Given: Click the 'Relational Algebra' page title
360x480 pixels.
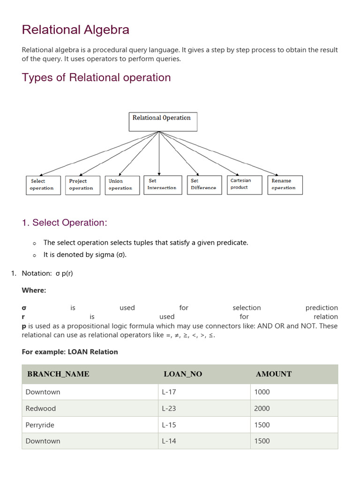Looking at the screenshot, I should (x=75, y=30).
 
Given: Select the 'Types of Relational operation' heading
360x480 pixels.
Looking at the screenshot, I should (x=96, y=77).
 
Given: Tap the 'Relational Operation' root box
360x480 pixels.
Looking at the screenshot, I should (x=163, y=121).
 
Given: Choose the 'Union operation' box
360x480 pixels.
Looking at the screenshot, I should (x=122, y=185).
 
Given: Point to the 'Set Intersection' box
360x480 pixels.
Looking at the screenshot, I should (x=162, y=185).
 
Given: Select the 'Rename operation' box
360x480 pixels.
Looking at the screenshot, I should (x=285, y=185).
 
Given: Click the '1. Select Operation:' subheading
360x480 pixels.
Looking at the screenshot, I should (x=64, y=223).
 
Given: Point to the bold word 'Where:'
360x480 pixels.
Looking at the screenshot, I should (x=34, y=290).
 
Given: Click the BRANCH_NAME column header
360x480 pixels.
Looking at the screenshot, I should (x=58, y=374).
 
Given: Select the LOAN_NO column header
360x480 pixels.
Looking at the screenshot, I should (x=183, y=374).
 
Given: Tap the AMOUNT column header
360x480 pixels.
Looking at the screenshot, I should (x=274, y=374).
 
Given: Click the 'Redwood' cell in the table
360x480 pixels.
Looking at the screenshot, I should (x=41, y=408).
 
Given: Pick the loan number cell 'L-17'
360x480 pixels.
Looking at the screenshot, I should (x=169, y=392).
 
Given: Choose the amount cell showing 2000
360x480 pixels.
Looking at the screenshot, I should (x=262, y=408).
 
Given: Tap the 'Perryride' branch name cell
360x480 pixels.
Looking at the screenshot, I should (x=40, y=425).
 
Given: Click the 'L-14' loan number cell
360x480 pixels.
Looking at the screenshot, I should (x=169, y=441).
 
